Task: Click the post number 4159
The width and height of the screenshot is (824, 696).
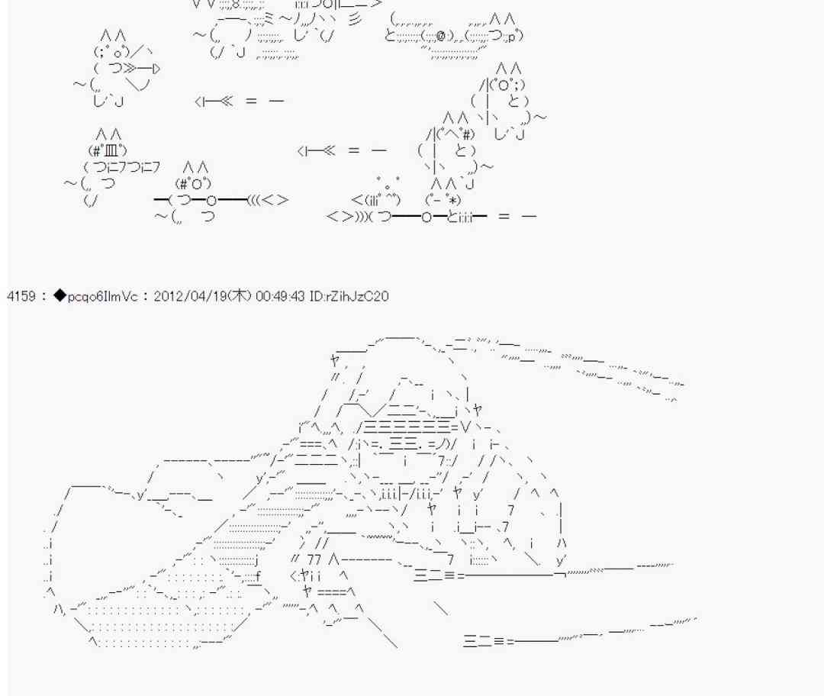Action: click(21, 296)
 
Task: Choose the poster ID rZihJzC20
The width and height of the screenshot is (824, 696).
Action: click(356, 296)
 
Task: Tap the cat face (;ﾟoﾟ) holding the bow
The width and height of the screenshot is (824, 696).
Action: click(111, 52)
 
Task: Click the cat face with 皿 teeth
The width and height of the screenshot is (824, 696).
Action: click(108, 151)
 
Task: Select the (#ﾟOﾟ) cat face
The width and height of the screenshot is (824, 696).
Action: click(193, 183)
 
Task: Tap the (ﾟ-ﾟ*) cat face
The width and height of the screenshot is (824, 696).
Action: click(443, 200)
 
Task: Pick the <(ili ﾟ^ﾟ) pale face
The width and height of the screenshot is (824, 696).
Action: click(376, 200)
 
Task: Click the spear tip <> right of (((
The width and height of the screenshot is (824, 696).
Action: click(275, 200)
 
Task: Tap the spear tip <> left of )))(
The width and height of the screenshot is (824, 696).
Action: click(340, 216)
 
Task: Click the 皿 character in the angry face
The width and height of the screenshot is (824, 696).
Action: click(111, 151)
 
